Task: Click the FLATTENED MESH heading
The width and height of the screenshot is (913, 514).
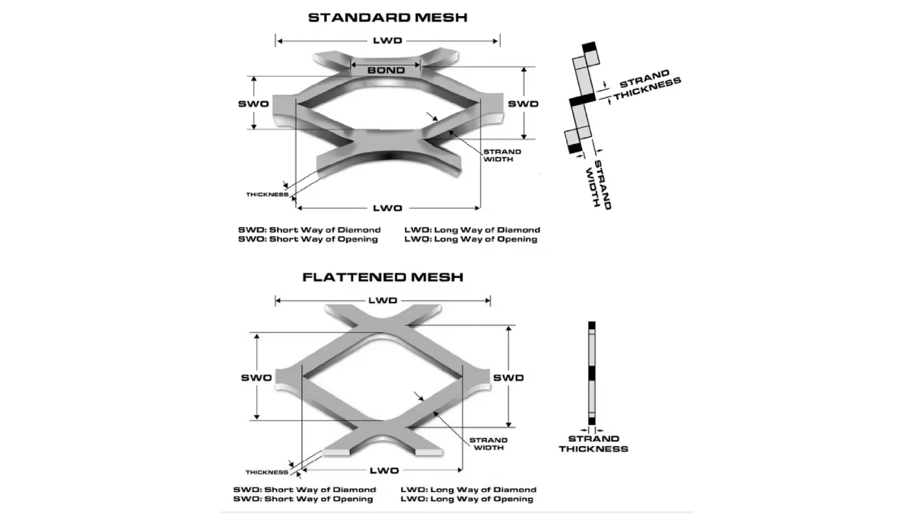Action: pos(383,277)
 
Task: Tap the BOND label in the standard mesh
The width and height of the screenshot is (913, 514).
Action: pos(386,70)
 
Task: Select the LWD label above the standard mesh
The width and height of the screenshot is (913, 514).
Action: pos(387,40)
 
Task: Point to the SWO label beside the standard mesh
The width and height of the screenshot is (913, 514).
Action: pos(253,103)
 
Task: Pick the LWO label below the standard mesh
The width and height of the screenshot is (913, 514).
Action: pos(387,208)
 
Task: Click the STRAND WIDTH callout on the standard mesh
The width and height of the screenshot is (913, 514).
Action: pos(502,155)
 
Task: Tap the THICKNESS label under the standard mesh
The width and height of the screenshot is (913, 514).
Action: pos(266,195)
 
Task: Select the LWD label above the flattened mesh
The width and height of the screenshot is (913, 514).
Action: pos(383,301)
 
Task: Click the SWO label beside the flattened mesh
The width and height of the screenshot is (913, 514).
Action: pos(256,378)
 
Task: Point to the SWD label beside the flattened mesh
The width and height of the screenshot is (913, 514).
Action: pos(508,378)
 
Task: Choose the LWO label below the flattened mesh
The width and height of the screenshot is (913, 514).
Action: pos(383,471)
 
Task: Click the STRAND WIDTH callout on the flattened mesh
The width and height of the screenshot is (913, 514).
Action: pos(488,444)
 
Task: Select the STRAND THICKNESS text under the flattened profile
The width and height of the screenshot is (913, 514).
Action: pos(593,444)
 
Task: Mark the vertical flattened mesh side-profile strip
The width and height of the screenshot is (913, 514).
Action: pos(592,373)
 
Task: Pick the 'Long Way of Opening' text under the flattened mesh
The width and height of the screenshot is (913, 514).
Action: pos(481,500)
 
